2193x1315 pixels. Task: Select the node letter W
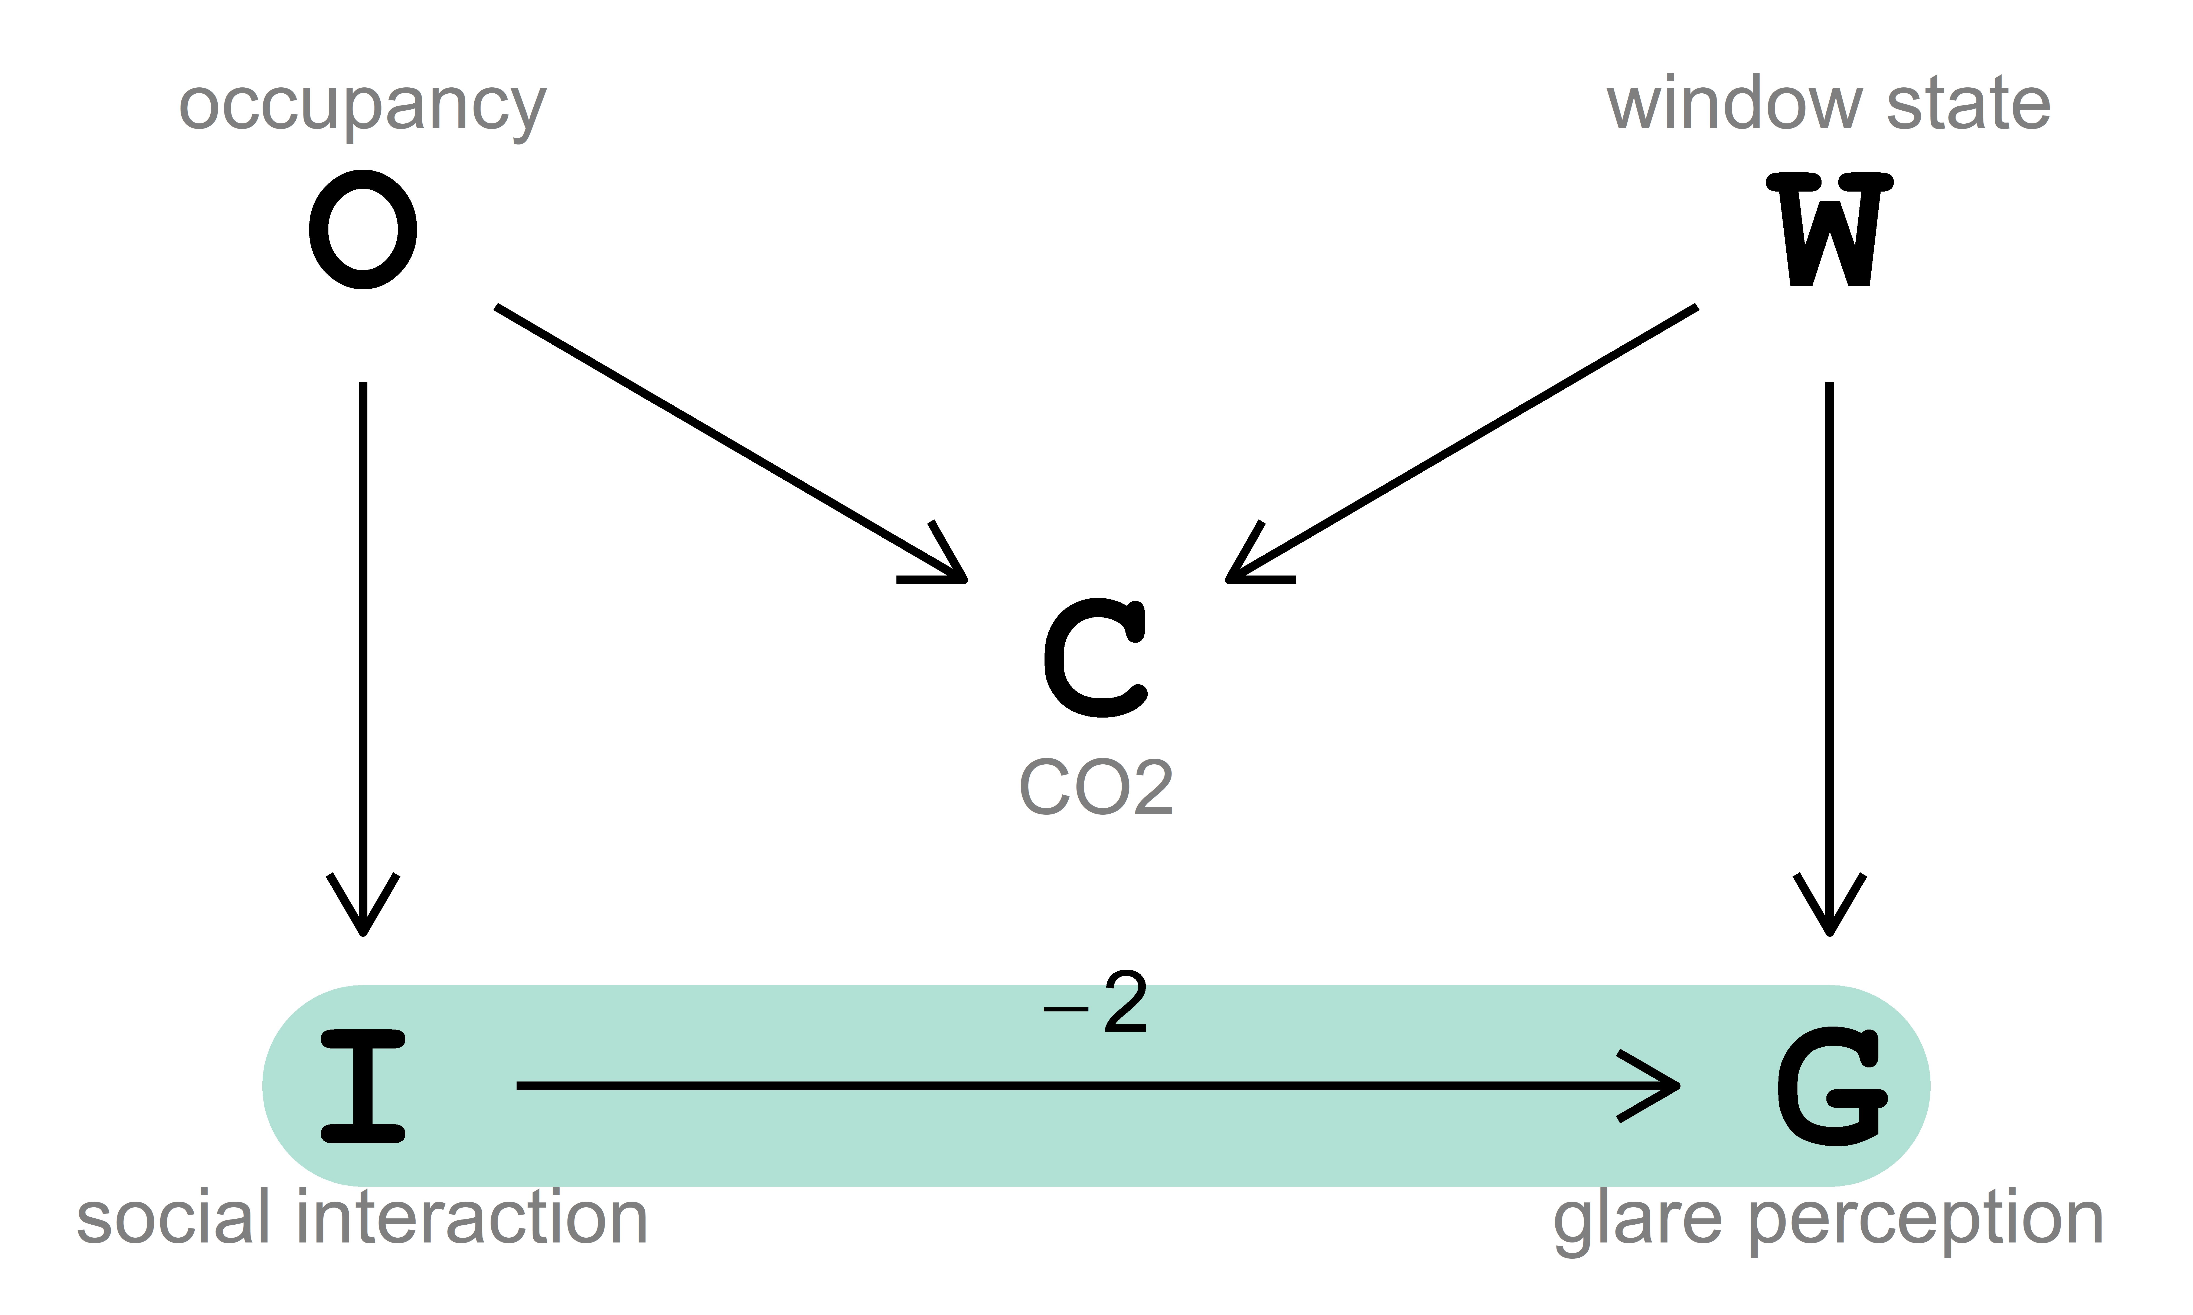click(1830, 230)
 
